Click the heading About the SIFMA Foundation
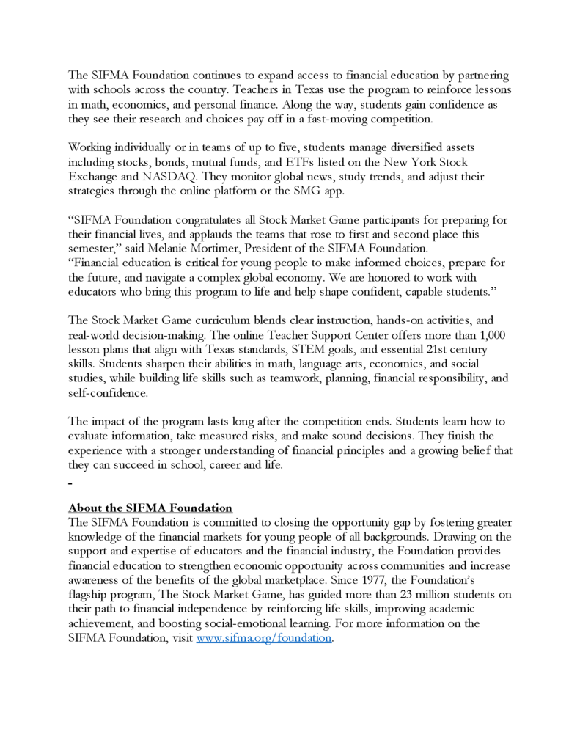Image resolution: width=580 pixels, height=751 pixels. [150, 508]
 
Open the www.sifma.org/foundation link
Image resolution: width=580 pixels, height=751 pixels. [264, 638]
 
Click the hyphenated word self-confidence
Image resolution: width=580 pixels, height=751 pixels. [108, 392]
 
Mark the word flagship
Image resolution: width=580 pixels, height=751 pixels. [91, 594]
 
